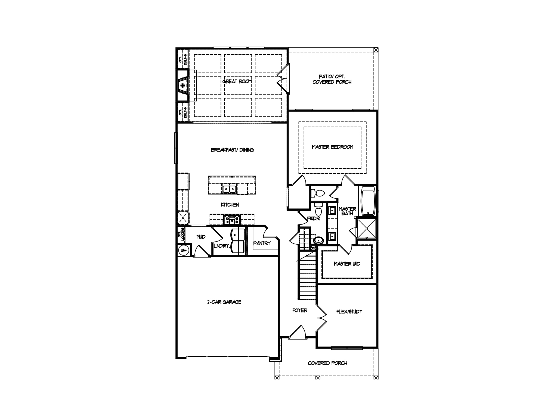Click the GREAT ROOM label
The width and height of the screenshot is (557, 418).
click(x=237, y=81)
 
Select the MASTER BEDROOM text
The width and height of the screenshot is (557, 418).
click(x=332, y=147)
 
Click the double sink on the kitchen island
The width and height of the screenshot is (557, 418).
click(x=229, y=189)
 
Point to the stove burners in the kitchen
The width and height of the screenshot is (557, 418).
click(x=232, y=219)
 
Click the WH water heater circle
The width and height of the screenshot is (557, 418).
click(x=184, y=250)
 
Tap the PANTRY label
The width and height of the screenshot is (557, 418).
click(x=262, y=243)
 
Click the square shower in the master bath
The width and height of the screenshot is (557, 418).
click(x=366, y=228)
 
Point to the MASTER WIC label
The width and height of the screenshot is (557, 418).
click(x=347, y=264)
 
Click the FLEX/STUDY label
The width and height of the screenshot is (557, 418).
click(x=349, y=312)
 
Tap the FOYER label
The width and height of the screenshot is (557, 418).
click(x=300, y=310)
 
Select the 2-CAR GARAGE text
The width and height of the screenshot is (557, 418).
click(x=224, y=302)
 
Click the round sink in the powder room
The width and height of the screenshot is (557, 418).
click(x=318, y=240)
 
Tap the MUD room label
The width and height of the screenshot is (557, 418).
click(x=201, y=237)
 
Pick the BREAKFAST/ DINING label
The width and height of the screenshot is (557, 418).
click(x=232, y=150)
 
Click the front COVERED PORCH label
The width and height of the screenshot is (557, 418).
click(x=327, y=363)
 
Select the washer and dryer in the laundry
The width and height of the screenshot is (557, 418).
click(x=237, y=241)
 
